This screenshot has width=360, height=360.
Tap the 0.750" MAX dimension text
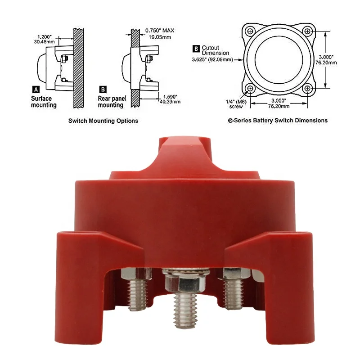pos(160,30)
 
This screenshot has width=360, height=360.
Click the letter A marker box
pos(36,89)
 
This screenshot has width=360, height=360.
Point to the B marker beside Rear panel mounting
pos(103,89)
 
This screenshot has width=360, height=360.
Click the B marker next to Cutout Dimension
pos(196,49)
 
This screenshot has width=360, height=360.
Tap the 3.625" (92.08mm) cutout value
pos(212,60)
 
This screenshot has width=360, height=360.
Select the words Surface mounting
pos(44,102)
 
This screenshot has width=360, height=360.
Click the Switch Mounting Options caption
pos(103,121)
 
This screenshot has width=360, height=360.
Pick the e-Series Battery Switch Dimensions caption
pos(278,120)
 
